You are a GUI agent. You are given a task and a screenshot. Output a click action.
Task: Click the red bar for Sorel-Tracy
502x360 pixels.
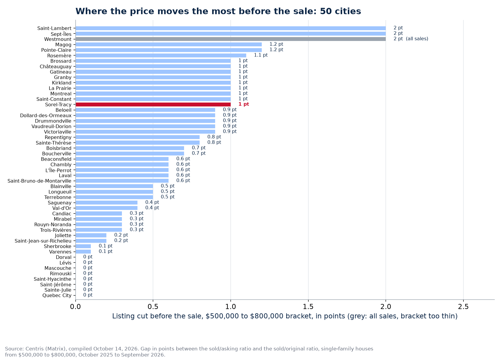pyautogui.click(x=153, y=105)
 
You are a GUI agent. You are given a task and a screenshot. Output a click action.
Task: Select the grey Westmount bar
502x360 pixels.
pyautogui.click(x=231, y=39)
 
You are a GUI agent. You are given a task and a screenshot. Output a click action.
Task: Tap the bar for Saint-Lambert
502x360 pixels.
pyautogui.click(x=231, y=28)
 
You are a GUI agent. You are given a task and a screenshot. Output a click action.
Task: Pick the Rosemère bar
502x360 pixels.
pyautogui.click(x=161, y=55)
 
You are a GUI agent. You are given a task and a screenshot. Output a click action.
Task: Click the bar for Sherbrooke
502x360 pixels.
pyautogui.click(x=83, y=246)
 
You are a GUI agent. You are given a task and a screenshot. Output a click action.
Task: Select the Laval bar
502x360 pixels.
pyautogui.click(x=122, y=176)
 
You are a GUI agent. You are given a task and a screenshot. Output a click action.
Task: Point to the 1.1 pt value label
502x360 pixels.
pyautogui.click(x=261, y=55)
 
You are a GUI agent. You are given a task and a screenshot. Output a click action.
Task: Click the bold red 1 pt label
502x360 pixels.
pyautogui.click(x=244, y=104)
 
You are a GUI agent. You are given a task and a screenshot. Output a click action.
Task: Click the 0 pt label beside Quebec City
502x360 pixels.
pyautogui.click(x=88, y=295)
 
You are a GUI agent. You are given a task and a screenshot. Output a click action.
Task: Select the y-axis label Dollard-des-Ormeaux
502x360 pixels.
pyautogui.click(x=46, y=115)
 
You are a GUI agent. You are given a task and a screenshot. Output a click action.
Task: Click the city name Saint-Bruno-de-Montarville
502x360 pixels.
pyautogui.click(x=39, y=181)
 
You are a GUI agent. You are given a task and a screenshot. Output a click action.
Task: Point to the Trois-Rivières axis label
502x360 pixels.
pyautogui.click(x=56, y=230)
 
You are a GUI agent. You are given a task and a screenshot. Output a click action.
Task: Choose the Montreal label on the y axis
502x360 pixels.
pyautogui.click(x=61, y=94)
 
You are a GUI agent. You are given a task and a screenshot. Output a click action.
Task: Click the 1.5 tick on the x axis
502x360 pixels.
pyautogui.click(x=308, y=307)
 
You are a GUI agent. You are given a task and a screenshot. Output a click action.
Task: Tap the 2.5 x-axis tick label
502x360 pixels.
pyautogui.click(x=463, y=307)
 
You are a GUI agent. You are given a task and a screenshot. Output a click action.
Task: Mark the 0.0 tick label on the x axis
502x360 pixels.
pyautogui.click(x=76, y=307)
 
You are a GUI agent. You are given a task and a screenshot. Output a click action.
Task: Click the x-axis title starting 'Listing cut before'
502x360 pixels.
pyautogui.click(x=285, y=316)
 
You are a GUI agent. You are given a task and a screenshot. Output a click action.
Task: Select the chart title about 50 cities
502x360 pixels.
pyautogui.click(x=218, y=11)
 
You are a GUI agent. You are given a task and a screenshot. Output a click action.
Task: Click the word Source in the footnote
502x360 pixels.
pyautogui.click(x=14, y=349)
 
